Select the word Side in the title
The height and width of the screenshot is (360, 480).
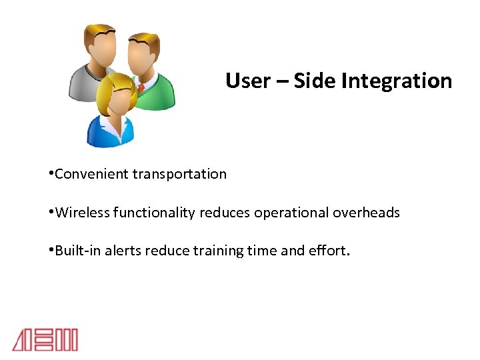coord(315,81)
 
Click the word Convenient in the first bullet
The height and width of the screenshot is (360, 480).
coord(92,174)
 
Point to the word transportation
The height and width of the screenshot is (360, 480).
coord(179,174)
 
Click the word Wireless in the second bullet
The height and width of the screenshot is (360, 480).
coord(83,213)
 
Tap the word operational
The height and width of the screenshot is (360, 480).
coord(290,213)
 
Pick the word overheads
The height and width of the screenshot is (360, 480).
coord(366,213)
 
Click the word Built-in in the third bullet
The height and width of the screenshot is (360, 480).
coord(75,251)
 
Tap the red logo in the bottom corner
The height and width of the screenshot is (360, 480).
coord(45,339)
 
